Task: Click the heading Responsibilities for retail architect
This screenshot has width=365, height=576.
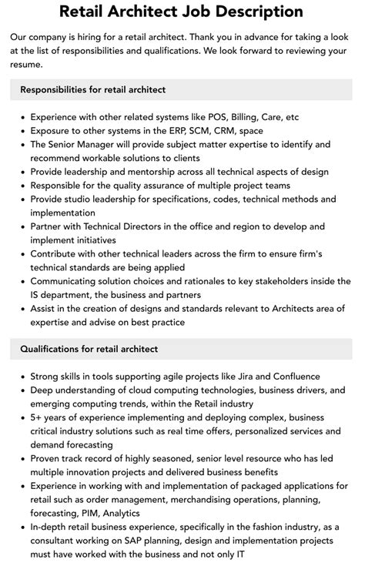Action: pyautogui.click(x=93, y=90)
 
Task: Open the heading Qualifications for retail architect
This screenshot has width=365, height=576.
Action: pyautogui.click(x=89, y=349)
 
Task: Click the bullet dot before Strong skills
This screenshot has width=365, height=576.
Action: pyautogui.click(x=20, y=377)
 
